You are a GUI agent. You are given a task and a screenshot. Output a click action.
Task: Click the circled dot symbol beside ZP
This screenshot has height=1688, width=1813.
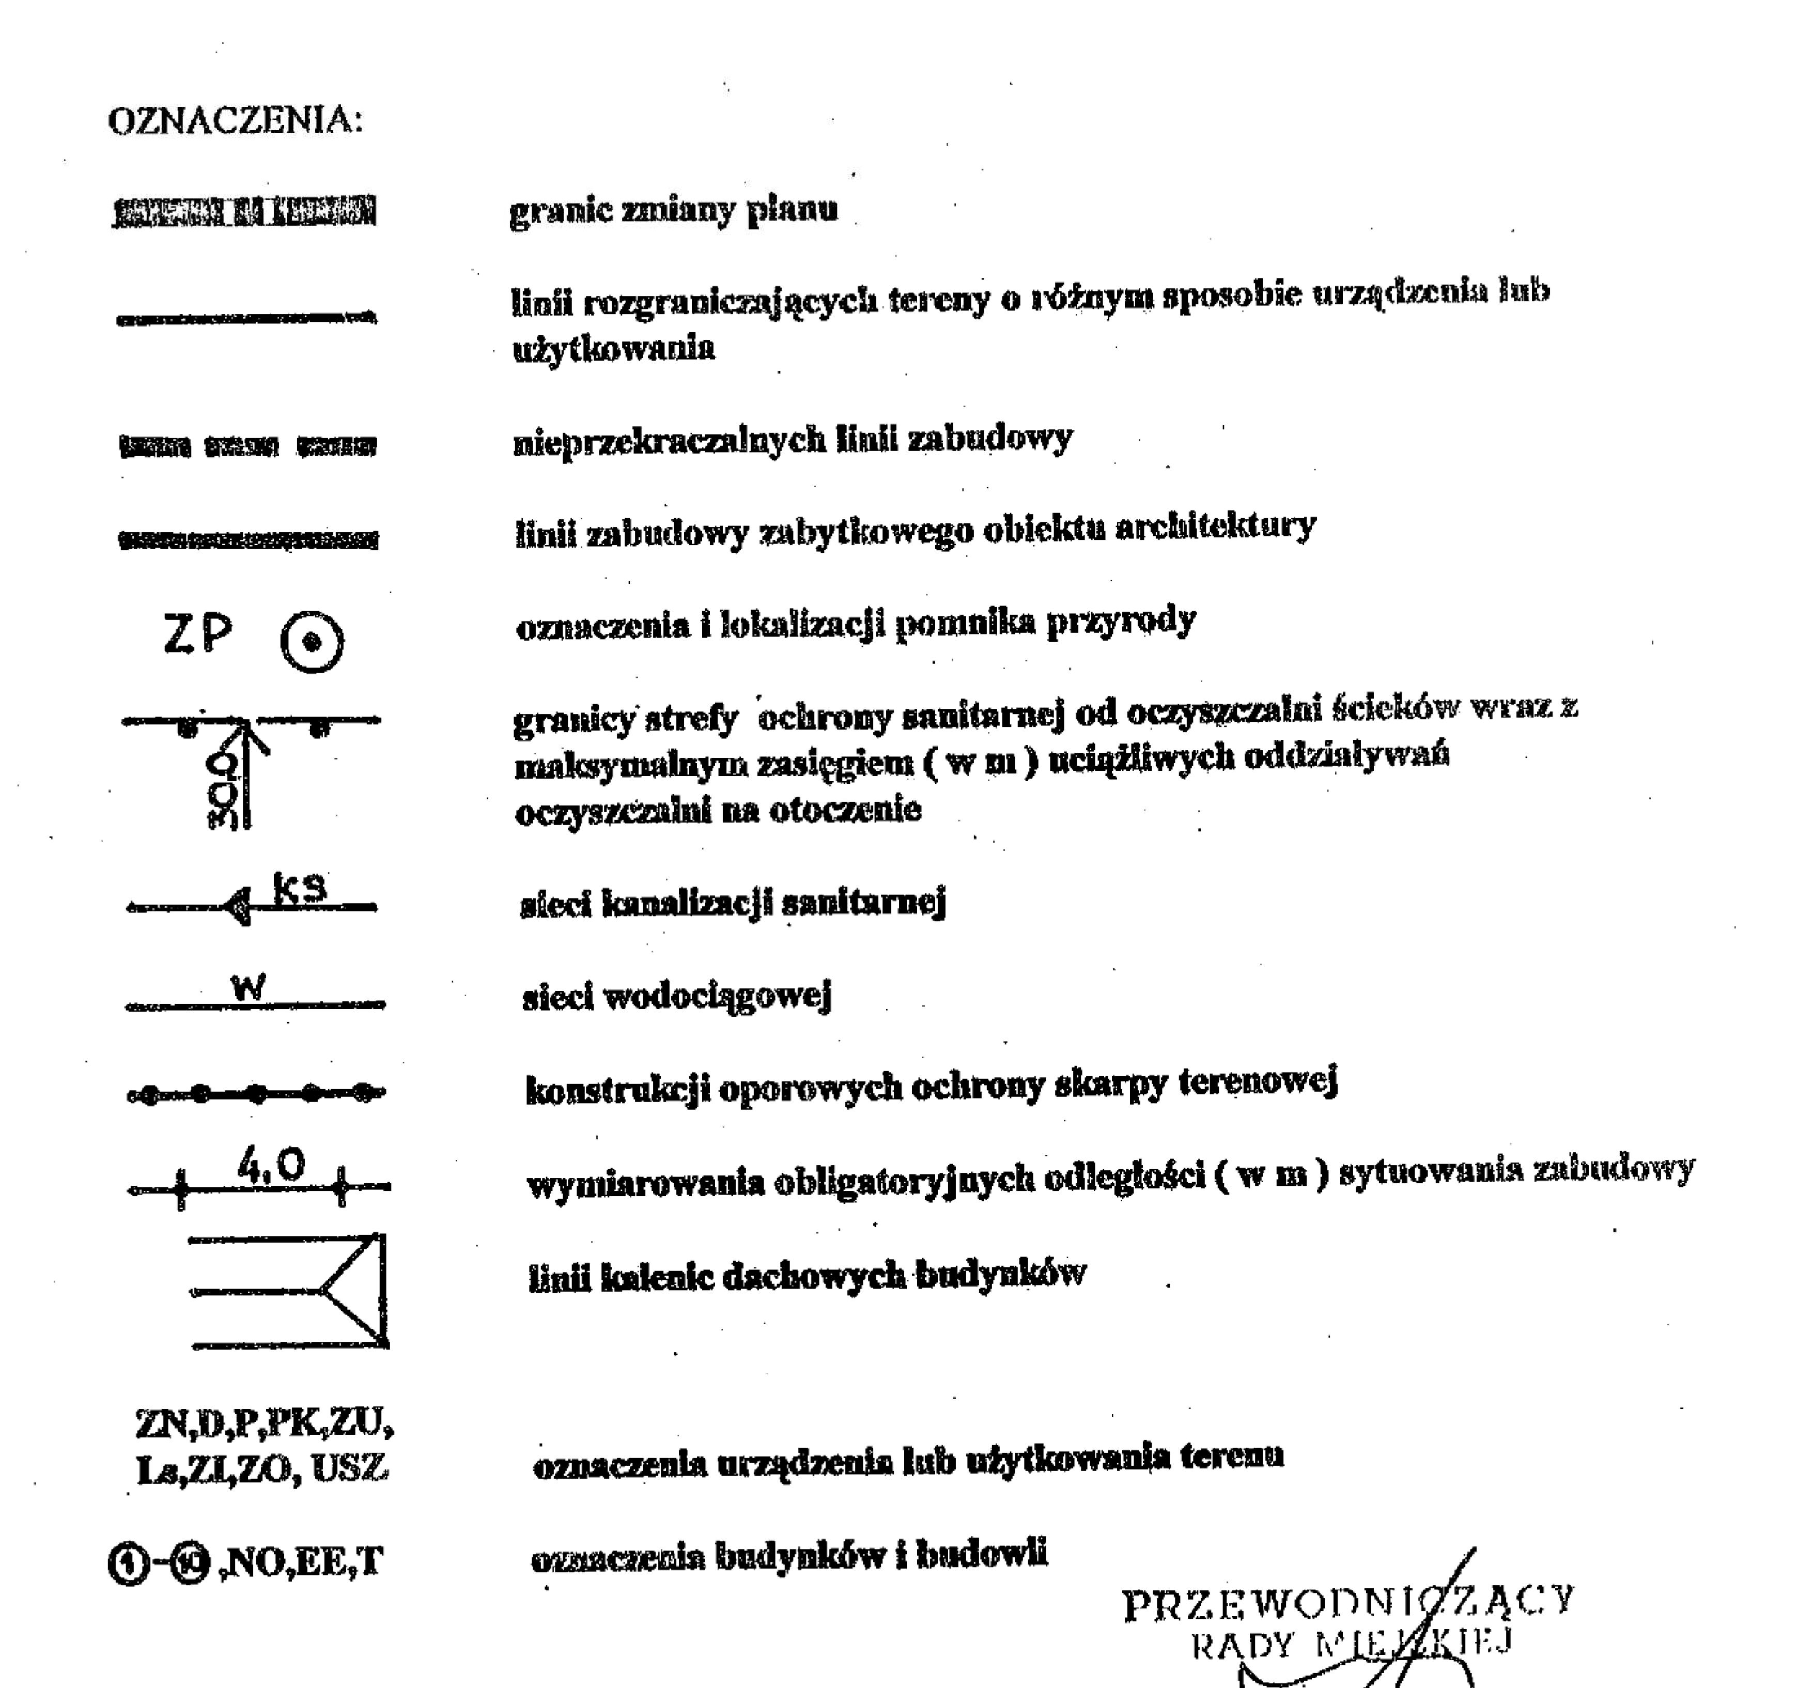point(312,642)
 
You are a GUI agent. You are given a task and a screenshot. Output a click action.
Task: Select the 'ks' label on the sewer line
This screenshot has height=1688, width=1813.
point(299,887)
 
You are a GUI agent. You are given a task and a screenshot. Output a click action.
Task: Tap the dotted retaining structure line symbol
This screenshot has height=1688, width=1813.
point(256,1092)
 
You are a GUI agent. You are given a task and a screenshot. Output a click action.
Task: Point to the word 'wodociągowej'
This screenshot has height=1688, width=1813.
point(718,997)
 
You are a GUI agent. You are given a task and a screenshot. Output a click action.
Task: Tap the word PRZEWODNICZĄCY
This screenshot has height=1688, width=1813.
point(1348,1602)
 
